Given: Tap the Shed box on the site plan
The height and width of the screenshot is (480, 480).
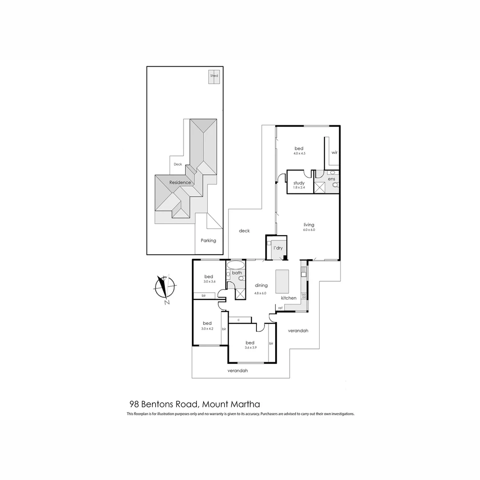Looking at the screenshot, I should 214,76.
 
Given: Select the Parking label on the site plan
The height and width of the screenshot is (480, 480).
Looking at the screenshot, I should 208,240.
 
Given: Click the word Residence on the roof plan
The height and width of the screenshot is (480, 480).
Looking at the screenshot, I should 180,182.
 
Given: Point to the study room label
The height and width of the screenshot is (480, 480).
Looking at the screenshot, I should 299,183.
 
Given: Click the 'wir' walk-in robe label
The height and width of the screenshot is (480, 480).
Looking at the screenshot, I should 334,152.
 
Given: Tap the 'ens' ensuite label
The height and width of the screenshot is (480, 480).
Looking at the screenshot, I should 332,179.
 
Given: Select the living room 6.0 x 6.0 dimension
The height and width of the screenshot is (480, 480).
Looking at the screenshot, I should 309,230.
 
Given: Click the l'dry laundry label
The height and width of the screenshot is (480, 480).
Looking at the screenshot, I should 278,248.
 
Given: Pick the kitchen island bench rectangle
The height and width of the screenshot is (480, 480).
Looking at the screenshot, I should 282,281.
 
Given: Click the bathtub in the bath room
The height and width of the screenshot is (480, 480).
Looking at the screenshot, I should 235,265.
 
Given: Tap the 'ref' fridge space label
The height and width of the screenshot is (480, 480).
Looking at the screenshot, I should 280,308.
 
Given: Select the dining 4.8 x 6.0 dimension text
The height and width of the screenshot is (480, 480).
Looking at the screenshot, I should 261,293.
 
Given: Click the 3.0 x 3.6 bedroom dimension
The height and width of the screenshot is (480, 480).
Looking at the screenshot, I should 208,282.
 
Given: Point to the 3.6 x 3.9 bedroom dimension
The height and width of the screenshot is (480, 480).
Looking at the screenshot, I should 250,348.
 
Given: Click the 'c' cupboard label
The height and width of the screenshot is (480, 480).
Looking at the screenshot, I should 239,320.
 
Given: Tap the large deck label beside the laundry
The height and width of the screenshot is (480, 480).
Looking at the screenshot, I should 244,231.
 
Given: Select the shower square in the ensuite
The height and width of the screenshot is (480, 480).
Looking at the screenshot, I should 320,187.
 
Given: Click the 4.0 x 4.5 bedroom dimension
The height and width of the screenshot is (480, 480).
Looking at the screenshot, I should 299,153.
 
